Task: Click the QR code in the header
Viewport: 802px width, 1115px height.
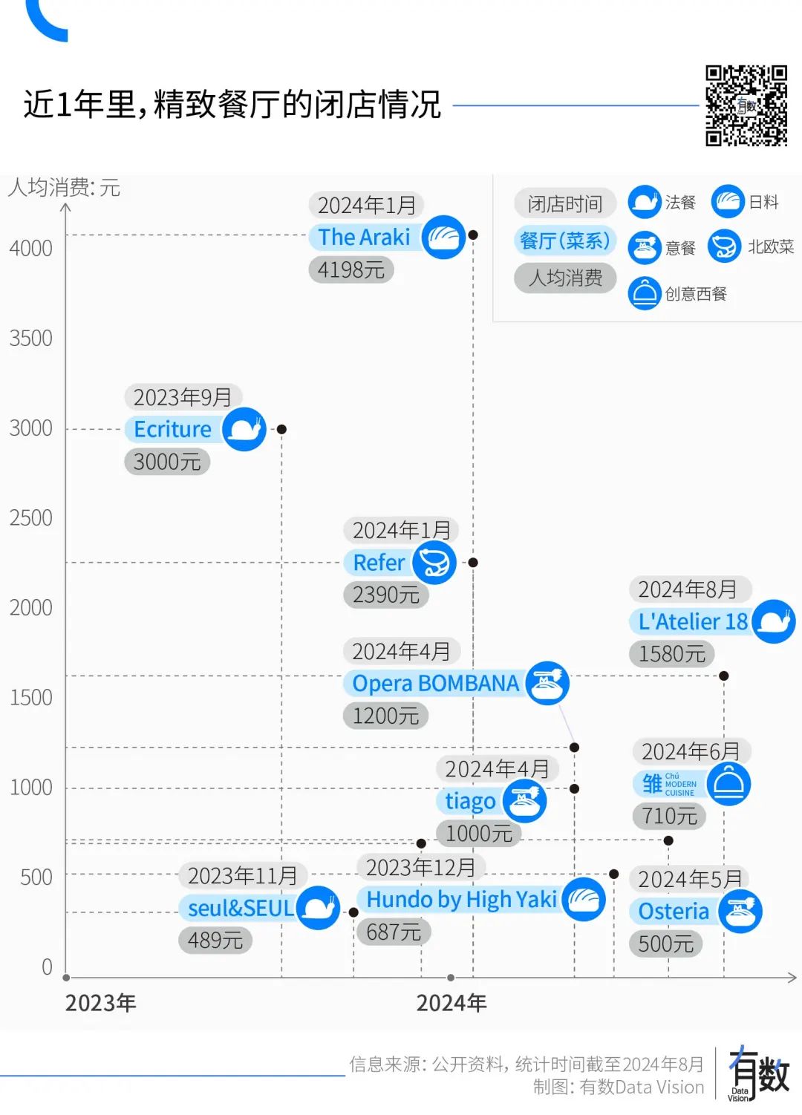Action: click(x=746, y=105)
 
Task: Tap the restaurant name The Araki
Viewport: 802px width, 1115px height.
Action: click(x=364, y=238)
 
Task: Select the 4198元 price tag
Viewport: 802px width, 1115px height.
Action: click(x=351, y=270)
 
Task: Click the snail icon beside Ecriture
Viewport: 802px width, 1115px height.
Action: click(x=244, y=429)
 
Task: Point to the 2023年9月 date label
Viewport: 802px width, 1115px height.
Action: click(x=182, y=397)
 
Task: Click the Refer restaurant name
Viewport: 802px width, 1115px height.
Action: click(x=379, y=563)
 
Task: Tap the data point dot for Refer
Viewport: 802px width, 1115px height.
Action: click(x=473, y=563)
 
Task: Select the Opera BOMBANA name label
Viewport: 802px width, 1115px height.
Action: click(x=435, y=684)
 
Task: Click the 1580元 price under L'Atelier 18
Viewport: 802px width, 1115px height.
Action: click(x=671, y=654)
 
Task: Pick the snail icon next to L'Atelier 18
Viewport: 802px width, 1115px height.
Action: click(x=774, y=621)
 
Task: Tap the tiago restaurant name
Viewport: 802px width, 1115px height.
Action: click(x=470, y=802)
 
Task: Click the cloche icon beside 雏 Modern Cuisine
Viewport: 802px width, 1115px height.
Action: click(x=728, y=784)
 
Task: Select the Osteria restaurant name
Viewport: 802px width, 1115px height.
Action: click(x=674, y=912)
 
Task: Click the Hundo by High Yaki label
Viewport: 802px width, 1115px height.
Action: click(x=461, y=900)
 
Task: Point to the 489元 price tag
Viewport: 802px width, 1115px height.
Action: click(x=215, y=941)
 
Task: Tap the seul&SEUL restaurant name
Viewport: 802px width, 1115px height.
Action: click(x=241, y=908)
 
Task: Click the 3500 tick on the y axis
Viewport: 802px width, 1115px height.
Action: click(x=31, y=339)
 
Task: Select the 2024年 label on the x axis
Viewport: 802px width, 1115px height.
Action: click(x=451, y=1004)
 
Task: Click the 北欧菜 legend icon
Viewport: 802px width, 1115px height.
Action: click(x=724, y=246)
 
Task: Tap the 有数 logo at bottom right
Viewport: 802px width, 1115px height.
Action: click(x=759, y=1073)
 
